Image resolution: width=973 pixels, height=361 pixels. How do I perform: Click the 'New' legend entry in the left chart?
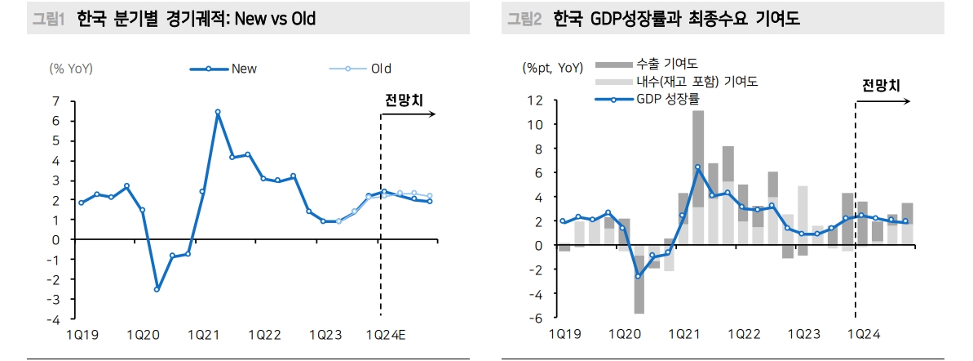click(x=243, y=69)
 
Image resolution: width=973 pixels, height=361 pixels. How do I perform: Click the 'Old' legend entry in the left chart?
click(x=381, y=69)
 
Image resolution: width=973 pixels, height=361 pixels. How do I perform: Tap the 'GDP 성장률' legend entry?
click(x=667, y=98)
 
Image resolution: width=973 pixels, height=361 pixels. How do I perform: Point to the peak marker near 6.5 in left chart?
click(x=218, y=112)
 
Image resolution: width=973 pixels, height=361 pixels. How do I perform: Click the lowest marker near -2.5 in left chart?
click(x=157, y=289)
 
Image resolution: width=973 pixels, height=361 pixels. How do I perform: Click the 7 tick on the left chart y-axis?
click(x=55, y=101)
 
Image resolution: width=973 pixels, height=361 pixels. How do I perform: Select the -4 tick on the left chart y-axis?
click(x=53, y=319)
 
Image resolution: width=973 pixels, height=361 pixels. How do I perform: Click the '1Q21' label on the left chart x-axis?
click(x=203, y=335)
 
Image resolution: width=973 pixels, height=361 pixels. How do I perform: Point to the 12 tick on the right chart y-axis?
click(x=535, y=100)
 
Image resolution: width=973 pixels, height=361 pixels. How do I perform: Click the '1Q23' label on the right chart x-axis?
click(x=803, y=335)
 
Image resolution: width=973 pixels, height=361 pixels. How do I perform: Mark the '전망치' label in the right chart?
click(x=881, y=85)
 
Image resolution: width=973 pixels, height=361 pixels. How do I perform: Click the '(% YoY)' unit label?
click(x=71, y=69)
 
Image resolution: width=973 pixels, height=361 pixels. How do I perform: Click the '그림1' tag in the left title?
click(x=47, y=18)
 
